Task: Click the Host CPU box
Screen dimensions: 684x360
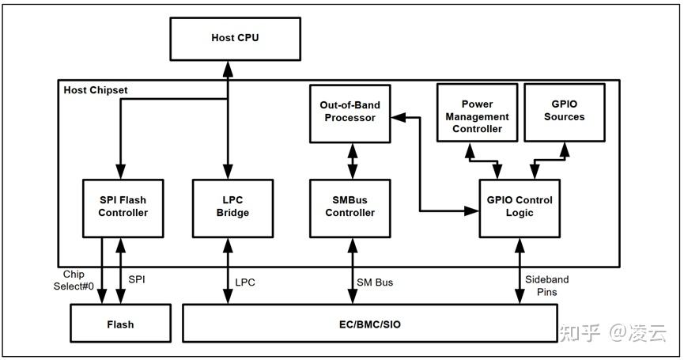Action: pyautogui.click(x=235, y=39)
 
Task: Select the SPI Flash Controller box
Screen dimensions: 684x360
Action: pyautogui.click(x=123, y=208)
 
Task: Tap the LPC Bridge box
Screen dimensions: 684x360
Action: pyautogui.click(x=233, y=208)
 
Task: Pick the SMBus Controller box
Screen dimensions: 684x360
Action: pyautogui.click(x=350, y=208)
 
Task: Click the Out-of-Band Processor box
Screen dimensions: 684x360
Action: pyautogui.click(x=350, y=113)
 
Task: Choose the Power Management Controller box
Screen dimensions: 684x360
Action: pyautogui.click(x=478, y=112)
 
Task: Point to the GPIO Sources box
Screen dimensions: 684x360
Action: pyautogui.click(x=565, y=112)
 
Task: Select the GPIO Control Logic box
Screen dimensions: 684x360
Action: pyautogui.click(x=520, y=208)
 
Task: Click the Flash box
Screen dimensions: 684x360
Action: pyautogui.click(x=120, y=324)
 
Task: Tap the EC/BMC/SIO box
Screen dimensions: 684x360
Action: pyautogui.click(x=370, y=324)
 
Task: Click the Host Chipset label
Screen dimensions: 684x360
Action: pyautogui.click(x=96, y=90)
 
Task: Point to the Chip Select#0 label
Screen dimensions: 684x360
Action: pyautogui.click(x=74, y=280)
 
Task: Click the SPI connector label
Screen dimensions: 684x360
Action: pyautogui.click(x=137, y=279)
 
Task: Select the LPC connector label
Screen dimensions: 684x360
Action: pyautogui.click(x=244, y=282)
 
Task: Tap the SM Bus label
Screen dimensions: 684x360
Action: pyautogui.click(x=375, y=282)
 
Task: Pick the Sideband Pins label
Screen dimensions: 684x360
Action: pyautogui.click(x=546, y=286)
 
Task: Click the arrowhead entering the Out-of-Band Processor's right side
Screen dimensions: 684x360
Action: pyautogui.click(x=398, y=117)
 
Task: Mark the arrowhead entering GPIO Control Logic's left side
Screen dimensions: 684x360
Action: pyautogui.click(x=471, y=211)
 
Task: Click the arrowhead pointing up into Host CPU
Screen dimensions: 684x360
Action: pyautogui.click(x=227, y=69)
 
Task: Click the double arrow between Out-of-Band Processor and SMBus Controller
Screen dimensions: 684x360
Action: pyautogui.click(x=353, y=161)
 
